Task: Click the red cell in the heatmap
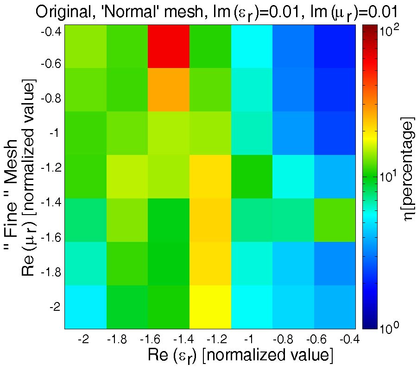pyautogui.click(x=169, y=46)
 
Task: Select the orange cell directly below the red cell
pyautogui.click(x=169, y=90)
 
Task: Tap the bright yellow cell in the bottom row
pyautogui.click(x=210, y=307)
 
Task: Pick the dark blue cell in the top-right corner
pyautogui.click(x=335, y=46)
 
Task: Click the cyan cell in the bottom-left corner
pyautogui.click(x=86, y=307)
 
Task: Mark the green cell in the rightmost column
pyautogui.click(x=335, y=220)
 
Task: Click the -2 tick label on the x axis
pyautogui.click(x=83, y=340)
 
